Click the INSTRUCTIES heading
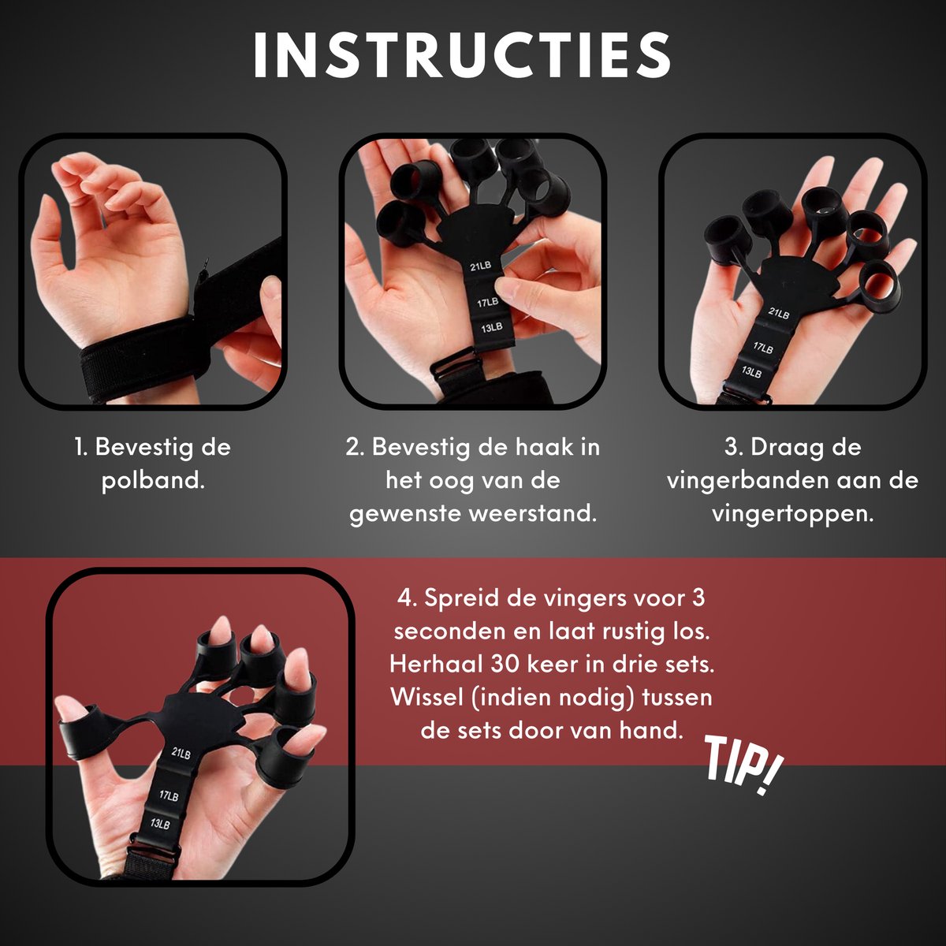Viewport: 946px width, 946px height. [x=462, y=55]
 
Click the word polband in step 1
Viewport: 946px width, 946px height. [x=153, y=481]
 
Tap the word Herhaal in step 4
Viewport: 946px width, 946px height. [x=437, y=665]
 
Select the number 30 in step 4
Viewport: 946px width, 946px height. [x=507, y=665]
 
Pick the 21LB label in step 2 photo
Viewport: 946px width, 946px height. [x=479, y=266]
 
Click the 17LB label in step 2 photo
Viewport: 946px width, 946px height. [x=487, y=303]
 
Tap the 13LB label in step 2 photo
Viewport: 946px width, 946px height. [x=491, y=327]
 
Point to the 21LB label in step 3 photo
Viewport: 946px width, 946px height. [x=779, y=312]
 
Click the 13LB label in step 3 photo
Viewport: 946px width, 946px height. [x=751, y=371]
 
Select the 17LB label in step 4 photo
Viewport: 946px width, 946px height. [x=169, y=795]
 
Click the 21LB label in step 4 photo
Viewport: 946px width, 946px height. [x=181, y=753]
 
